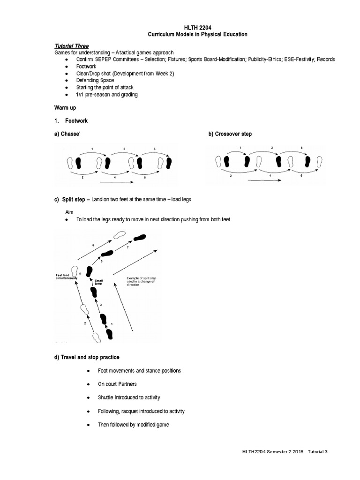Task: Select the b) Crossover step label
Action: (230, 134)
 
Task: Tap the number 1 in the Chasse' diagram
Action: (92, 149)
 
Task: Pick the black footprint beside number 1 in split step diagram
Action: (110, 334)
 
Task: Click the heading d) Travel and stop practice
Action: (87, 357)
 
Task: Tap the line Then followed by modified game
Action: (133, 425)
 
